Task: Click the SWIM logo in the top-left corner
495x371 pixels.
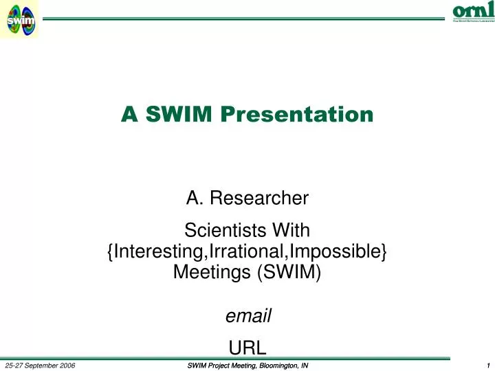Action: [x=20, y=19]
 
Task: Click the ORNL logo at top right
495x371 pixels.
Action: [x=473, y=12]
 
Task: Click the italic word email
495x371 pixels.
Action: [x=248, y=316]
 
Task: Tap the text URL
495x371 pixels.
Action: [x=247, y=347]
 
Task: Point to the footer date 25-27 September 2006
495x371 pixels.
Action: [x=40, y=365]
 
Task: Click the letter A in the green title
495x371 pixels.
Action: [x=129, y=114]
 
